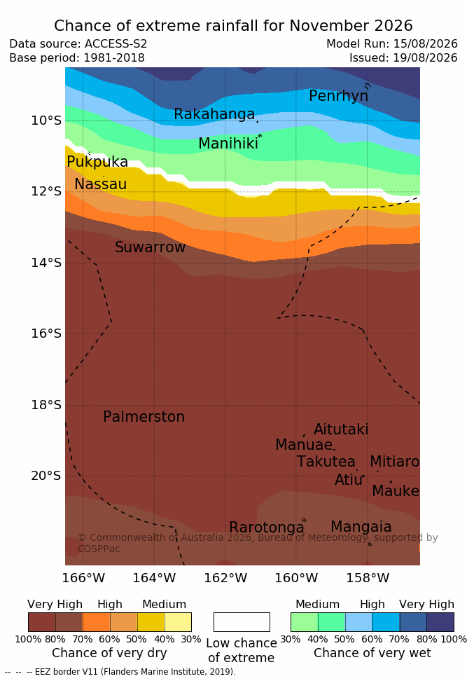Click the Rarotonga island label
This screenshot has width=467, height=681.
click(x=267, y=528)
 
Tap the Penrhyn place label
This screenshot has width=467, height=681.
click(x=339, y=96)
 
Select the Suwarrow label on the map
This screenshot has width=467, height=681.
click(x=150, y=247)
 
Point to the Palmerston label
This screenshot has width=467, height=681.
click(x=144, y=417)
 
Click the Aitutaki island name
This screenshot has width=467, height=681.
click(x=341, y=429)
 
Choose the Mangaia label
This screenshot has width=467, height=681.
click(x=361, y=528)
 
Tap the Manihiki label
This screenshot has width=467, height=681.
click(x=228, y=144)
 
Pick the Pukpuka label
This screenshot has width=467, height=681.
click(x=97, y=162)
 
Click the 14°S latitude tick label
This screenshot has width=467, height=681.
click(x=46, y=263)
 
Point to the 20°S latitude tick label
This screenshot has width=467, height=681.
click(x=46, y=476)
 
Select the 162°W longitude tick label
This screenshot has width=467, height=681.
click(x=225, y=578)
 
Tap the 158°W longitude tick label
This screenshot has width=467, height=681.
click(x=368, y=578)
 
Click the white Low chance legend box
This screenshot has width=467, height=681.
click(x=242, y=622)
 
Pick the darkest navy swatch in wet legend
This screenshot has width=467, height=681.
click(x=440, y=622)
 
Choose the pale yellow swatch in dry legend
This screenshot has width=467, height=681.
click(x=178, y=622)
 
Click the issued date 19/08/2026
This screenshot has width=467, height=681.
click(x=425, y=58)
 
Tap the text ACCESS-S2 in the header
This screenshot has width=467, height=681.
click(x=116, y=44)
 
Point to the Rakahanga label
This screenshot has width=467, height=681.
click(x=214, y=114)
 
